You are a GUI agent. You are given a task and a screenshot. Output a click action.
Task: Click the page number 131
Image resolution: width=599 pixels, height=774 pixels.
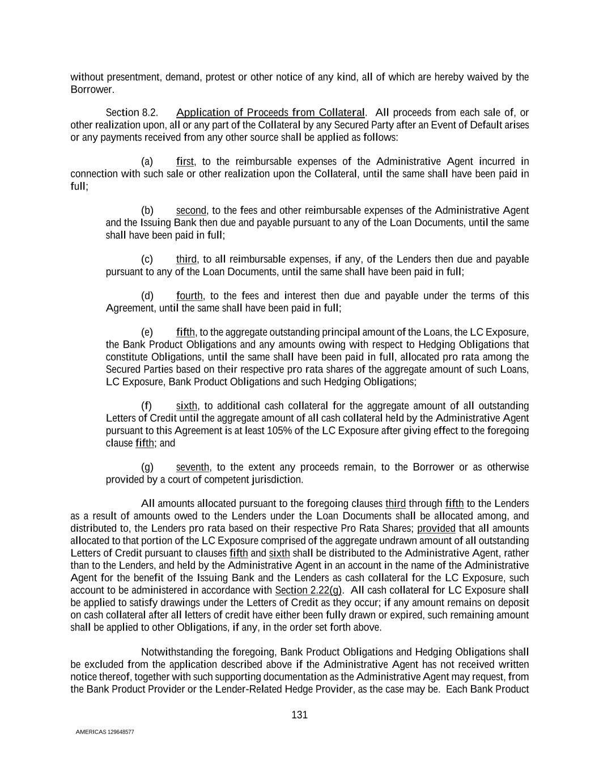pyautogui.click(x=299, y=714)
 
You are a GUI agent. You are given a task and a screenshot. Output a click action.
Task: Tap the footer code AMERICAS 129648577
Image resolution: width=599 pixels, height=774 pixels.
pyautogui.click(x=105, y=732)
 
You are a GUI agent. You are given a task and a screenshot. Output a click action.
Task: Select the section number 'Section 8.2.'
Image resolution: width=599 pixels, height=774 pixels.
pyautogui.click(x=131, y=112)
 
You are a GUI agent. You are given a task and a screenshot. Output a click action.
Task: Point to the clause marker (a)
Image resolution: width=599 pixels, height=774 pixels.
pyautogui.click(x=147, y=162)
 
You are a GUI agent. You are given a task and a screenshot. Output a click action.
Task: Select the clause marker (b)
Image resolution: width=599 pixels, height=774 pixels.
pyautogui.click(x=147, y=210)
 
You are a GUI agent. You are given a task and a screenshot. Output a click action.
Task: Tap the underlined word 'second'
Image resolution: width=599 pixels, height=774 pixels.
pyautogui.click(x=191, y=210)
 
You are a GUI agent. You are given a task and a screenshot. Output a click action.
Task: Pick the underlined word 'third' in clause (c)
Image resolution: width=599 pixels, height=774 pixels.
pyautogui.click(x=186, y=259)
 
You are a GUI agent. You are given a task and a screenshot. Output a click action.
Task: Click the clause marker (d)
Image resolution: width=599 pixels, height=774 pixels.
pyautogui.click(x=147, y=295)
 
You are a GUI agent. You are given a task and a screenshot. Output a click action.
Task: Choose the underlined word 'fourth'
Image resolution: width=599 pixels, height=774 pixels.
pyautogui.click(x=189, y=295)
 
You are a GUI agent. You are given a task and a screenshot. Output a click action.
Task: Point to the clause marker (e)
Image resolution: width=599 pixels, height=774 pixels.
pyautogui.click(x=147, y=332)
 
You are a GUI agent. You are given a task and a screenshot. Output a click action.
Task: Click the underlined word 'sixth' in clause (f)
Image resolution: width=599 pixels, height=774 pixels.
pyautogui.click(x=186, y=405)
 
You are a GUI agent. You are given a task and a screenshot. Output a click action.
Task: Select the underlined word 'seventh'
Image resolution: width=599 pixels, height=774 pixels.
pyautogui.click(x=193, y=467)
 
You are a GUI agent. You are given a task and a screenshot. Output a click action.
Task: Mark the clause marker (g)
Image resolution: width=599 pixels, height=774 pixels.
pyautogui.click(x=147, y=467)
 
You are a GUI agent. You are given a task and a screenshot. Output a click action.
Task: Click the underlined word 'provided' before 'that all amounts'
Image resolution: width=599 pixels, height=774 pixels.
pyautogui.click(x=436, y=528)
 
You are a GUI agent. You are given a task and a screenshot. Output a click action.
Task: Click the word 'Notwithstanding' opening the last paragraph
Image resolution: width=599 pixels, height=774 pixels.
pyautogui.click(x=177, y=652)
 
